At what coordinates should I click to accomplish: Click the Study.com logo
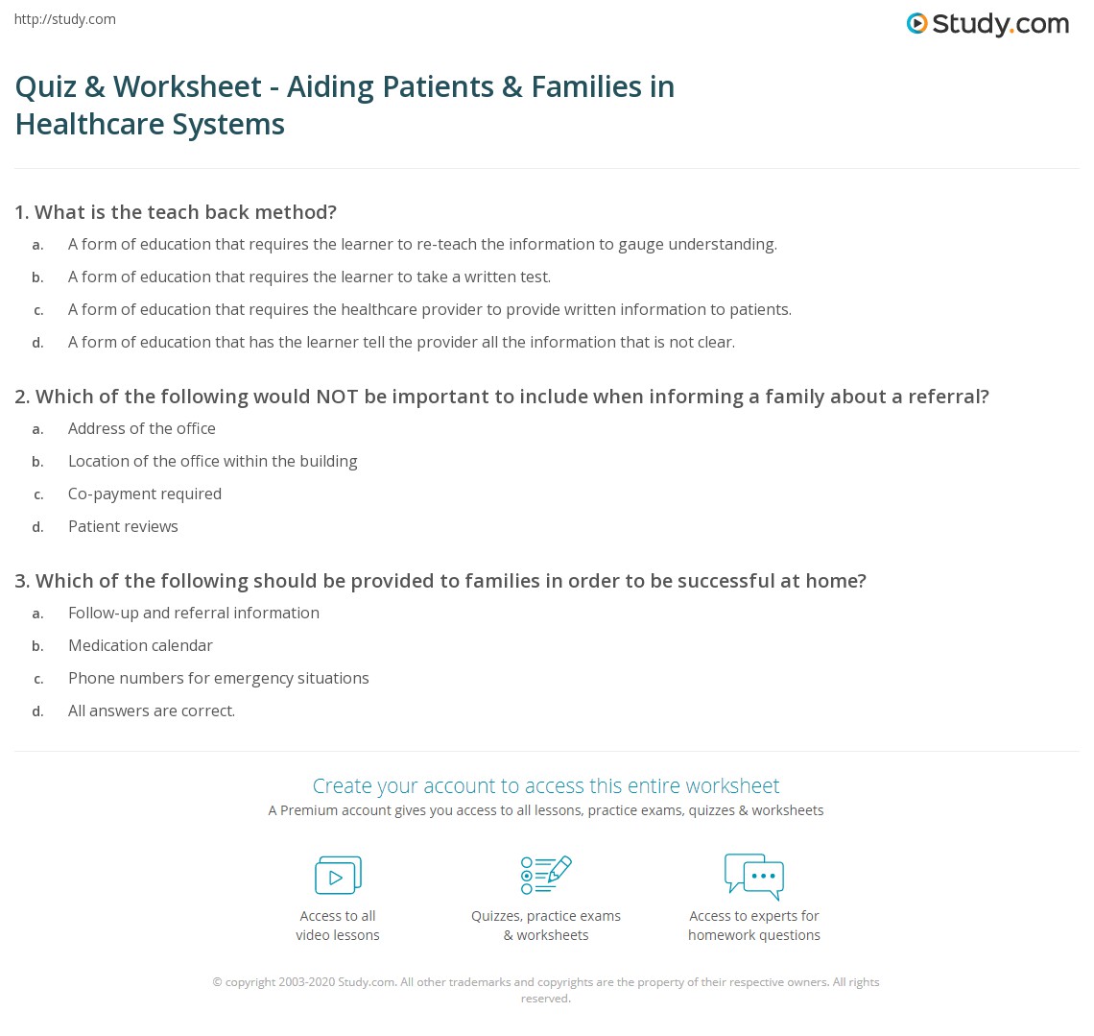[987, 24]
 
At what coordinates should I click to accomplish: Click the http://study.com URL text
[65, 19]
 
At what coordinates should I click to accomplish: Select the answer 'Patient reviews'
[123, 526]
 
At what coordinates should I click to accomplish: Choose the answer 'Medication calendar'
[140, 645]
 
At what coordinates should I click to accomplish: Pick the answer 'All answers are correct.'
[152, 711]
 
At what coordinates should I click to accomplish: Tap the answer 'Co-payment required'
[145, 494]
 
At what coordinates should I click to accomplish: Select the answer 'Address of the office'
[142, 428]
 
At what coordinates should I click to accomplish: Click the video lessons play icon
[338, 876]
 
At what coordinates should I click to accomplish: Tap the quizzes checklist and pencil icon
[546, 875]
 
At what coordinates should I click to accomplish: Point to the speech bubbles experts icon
[753, 876]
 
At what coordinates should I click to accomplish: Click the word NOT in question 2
[337, 397]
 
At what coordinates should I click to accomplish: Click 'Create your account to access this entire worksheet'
[546, 785]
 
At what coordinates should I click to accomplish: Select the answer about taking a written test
[309, 277]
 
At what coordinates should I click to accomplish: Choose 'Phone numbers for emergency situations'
[219, 678]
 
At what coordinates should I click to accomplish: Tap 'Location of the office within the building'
[213, 461]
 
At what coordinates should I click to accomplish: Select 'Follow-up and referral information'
[194, 613]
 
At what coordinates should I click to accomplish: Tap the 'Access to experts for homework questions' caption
[754, 926]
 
